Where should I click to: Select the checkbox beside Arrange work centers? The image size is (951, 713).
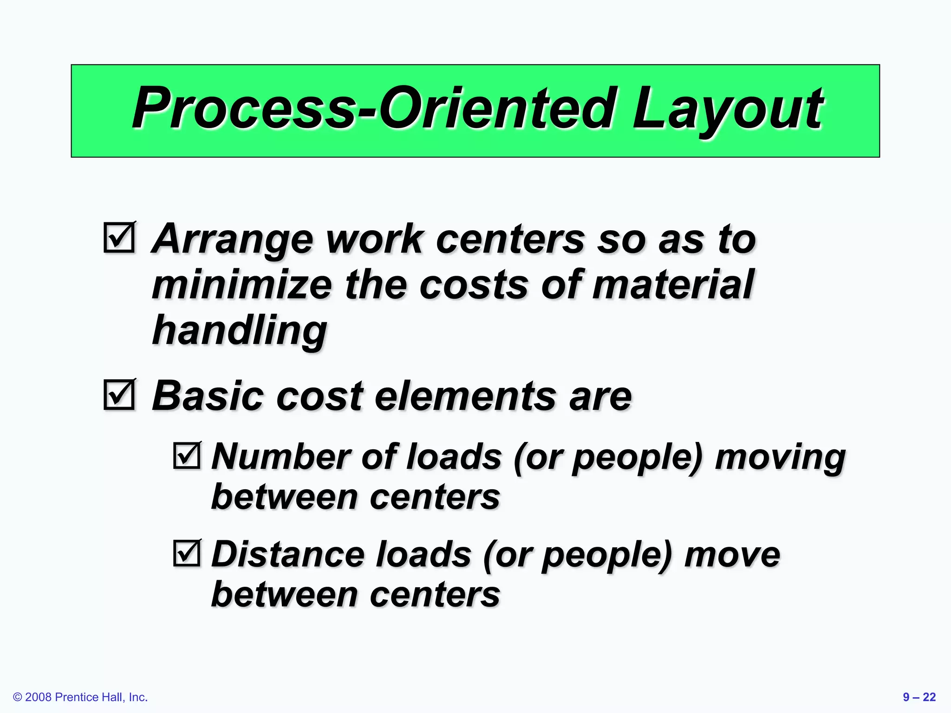[x=119, y=237]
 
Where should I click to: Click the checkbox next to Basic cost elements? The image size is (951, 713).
[x=119, y=395]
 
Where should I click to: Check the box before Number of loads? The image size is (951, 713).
[x=187, y=455]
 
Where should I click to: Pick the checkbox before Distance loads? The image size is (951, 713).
[x=187, y=553]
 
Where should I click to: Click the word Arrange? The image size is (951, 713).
[x=232, y=240]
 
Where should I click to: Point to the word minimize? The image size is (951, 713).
[x=242, y=285]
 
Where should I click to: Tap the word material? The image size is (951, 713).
[x=673, y=285]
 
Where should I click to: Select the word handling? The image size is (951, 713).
[x=240, y=331]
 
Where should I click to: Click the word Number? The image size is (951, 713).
[x=280, y=457]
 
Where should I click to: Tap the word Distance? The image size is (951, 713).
[x=288, y=554]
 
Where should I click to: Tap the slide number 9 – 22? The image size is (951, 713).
[x=919, y=697]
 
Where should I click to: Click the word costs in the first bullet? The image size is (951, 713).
[x=474, y=285]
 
